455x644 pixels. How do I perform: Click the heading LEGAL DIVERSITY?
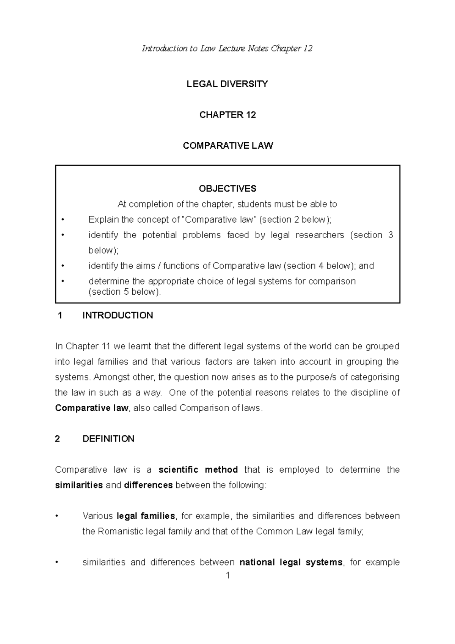click(227, 84)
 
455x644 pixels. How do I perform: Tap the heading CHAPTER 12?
click(227, 115)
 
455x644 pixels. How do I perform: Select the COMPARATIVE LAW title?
click(227, 146)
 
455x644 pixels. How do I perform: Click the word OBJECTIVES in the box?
click(227, 188)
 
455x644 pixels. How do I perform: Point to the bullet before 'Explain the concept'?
click(63, 220)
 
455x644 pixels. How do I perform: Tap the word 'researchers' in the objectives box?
click(320, 235)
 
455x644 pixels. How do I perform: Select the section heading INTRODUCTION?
click(118, 316)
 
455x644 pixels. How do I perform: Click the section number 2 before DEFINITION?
click(58, 439)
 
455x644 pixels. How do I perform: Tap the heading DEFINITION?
click(108, 439)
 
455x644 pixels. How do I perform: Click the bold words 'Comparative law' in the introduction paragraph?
click(92, 408)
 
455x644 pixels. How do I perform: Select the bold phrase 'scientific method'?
click(198, 470)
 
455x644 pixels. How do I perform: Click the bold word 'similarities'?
click(79, 485)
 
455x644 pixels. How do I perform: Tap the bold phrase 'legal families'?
click(146, 516)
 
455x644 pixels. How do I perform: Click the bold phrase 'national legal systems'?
click(291, 562)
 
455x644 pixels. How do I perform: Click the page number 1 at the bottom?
click(227, 576)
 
